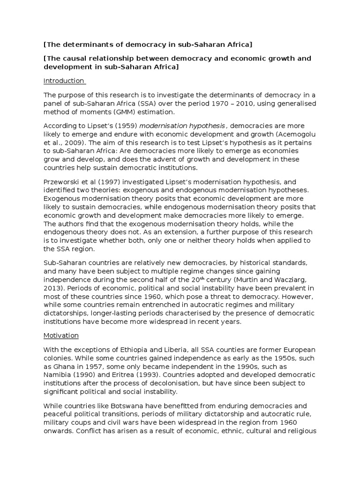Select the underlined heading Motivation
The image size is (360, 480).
(x=61, y=336)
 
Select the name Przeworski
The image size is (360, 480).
(x=64, y=182)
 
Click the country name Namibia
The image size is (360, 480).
(x=59, y=375)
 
